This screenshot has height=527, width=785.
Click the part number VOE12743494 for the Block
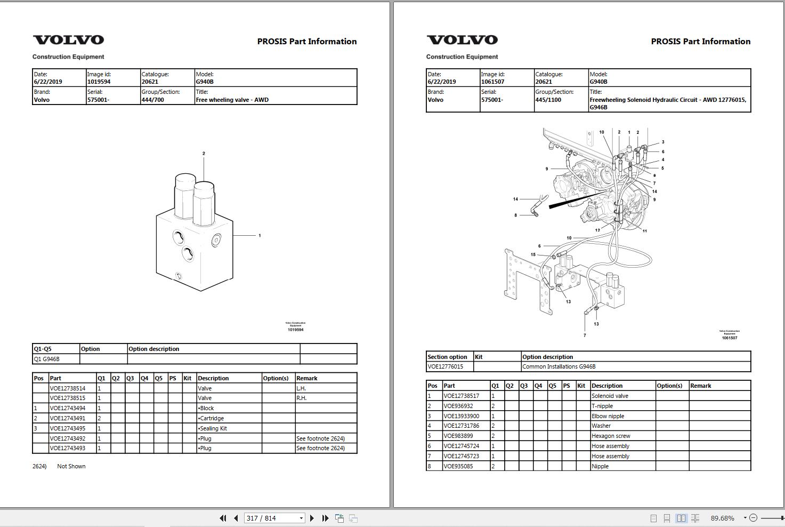tap(68, 408)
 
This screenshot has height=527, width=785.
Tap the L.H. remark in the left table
tap(302, 388)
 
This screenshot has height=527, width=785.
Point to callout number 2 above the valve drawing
tap(204, 154)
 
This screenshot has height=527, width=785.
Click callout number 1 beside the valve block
tap(260, 235)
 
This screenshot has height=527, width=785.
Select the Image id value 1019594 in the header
tap(99, 82)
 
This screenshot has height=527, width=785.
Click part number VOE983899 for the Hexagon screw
tap(458, 436)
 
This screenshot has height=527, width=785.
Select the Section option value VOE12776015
tap(446, 366)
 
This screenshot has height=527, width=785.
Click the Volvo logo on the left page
tap(68, 40)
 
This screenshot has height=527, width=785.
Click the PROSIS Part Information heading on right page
tap(700, 42)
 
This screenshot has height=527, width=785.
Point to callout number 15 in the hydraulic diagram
tap(533, 255)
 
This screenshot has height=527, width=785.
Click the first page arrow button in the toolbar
tap(223, 518)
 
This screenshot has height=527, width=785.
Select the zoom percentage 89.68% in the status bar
tap(722, 518)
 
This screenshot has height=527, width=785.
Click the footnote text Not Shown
tap(71, 466)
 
